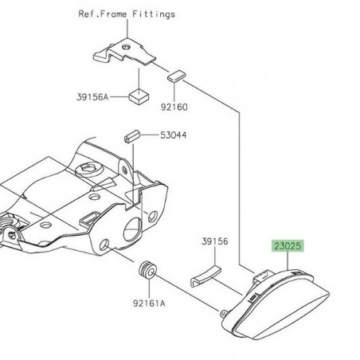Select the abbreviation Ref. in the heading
coord(88,14)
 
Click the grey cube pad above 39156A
coord(141,96)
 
